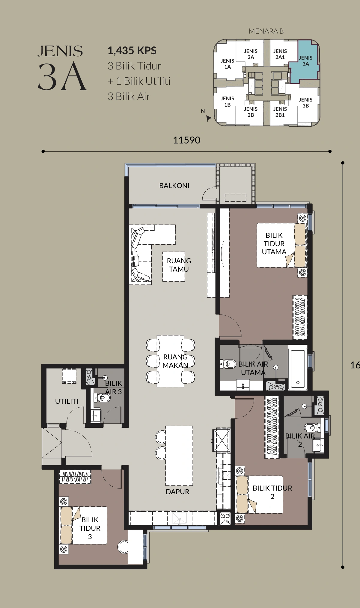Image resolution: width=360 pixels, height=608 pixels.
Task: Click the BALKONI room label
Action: tap(174, 186)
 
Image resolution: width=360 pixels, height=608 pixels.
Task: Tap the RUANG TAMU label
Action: tap(179, 265)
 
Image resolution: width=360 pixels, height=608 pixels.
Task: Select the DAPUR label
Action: tap(177, 492)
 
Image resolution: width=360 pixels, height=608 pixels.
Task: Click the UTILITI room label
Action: tap(67, 401)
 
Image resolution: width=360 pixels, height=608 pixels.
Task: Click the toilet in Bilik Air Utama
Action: tap(228, 364)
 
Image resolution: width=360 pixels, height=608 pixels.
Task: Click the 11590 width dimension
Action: tap(187, 140)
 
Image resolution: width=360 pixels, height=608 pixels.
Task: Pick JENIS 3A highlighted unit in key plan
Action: tap(305, 61)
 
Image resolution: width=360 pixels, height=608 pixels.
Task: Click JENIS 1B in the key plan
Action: tap(228, 102)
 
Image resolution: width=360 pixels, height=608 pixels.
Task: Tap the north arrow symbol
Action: tap(209, 118)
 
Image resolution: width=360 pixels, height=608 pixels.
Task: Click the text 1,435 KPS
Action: tap(132, 51)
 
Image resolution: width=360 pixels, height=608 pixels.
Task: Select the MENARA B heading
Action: tap(266, 31)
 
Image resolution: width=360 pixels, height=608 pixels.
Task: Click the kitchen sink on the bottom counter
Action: tap(180, 518)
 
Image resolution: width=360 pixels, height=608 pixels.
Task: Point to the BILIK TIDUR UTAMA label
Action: tap(274, 244)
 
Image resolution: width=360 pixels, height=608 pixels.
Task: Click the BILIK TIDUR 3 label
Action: tap(90, 528)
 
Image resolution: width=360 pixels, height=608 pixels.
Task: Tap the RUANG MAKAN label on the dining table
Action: tap(175, 361)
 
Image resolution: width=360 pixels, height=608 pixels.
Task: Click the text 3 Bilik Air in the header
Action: tap(129, 96)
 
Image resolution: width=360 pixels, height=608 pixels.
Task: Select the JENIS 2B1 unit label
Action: tap(280, 112)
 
